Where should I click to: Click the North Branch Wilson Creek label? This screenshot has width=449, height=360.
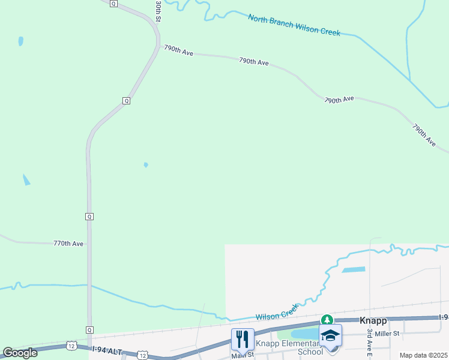point(294,25)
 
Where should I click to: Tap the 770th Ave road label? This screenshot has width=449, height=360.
point(68,244)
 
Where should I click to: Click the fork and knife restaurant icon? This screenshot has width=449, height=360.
point(243,339)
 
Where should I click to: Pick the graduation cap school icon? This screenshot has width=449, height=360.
point(330,335)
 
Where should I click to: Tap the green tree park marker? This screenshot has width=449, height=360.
point(327,320)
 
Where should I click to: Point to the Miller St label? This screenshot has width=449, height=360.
point(387,333)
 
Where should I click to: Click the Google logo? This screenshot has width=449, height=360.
point(20,353)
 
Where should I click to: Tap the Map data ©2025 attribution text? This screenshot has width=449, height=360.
point(424,355)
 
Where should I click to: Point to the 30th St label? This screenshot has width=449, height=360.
point(158,11)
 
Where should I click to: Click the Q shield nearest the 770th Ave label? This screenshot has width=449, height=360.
point(89,216)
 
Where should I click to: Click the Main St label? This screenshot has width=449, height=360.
point(243,355)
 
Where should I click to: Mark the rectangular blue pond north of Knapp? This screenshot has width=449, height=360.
point(354,269)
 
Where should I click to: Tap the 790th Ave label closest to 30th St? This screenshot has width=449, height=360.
point(179,50)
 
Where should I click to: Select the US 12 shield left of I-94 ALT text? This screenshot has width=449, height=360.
point(71,346)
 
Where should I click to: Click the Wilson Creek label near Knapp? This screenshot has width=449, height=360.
point(277,313)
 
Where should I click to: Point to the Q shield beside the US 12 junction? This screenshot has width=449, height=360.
point(89,329)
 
